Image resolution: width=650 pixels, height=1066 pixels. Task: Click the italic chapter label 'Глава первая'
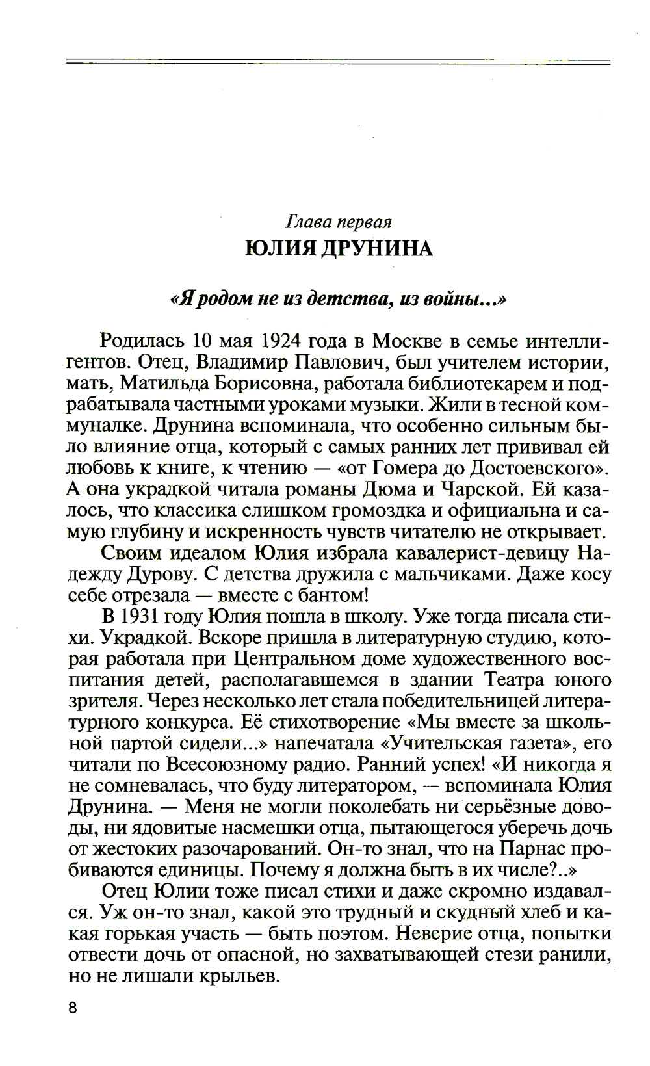(339, 222)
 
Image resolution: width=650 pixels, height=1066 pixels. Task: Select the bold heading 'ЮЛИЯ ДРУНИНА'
(339, 248)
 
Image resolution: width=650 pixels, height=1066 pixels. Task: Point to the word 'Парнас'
(533, 849)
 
